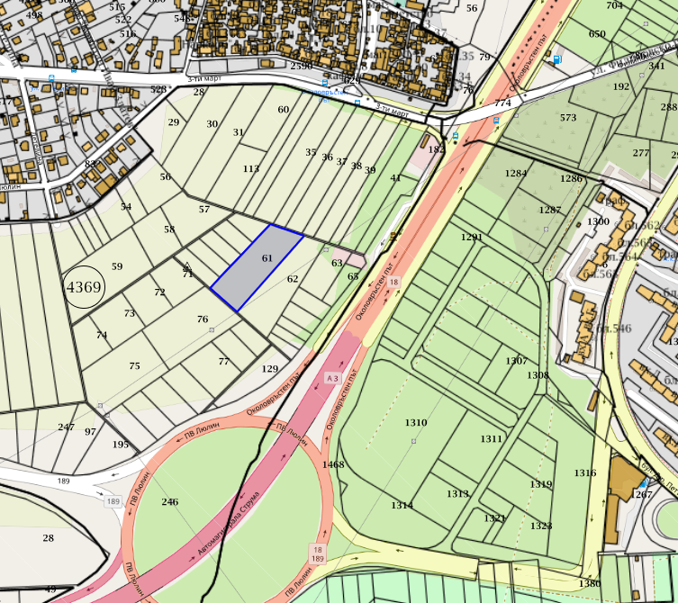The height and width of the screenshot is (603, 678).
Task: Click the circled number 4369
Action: [x=85, y=288]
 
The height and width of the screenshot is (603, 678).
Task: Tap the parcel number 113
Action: [x=251, y=169]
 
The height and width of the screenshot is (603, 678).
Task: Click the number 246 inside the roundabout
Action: [x=170, y=502]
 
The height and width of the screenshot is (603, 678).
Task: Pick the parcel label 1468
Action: [x=333, y=464]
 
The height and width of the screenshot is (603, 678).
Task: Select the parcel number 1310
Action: [x=416, y=423]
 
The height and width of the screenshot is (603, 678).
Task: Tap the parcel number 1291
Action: [x=472, y=238]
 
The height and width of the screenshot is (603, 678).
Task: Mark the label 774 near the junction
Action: [x=502, y=103]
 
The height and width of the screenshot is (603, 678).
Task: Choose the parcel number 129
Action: [x=270, y=369]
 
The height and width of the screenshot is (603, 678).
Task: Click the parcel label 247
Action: [x=66, y=427]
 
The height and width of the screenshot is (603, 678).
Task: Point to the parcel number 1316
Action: [x=585, y=473]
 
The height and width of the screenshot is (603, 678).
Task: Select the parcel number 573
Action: [x=568, y=118]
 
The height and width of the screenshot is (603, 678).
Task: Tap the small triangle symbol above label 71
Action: [x=187, y=265]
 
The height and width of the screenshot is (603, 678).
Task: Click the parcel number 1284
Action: [x=516, y=173]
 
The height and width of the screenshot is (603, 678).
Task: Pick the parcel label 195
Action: [x=121, y=445]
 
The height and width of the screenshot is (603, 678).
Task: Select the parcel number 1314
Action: [x=402, y=506]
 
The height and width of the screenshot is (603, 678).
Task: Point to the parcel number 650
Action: [x=597, y=34]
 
